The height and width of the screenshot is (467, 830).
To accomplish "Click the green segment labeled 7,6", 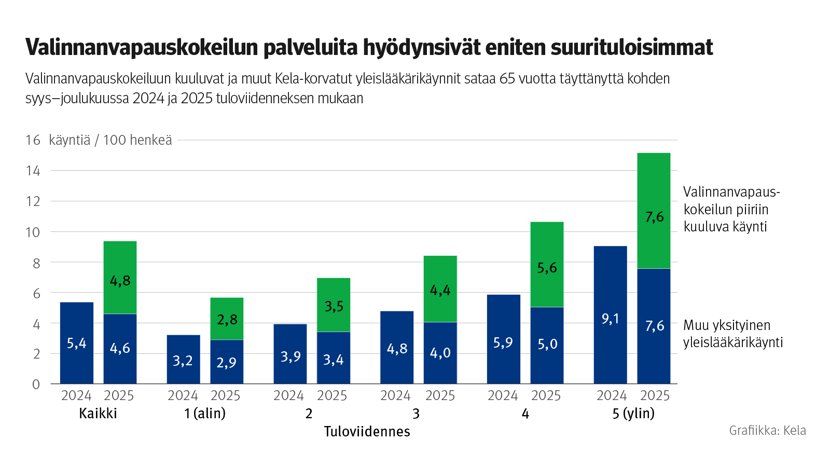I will [x=654, y=210].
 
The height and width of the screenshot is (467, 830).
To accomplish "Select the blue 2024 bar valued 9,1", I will [x=610, y=315].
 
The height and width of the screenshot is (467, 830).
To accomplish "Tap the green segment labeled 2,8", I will [x=227, y=319].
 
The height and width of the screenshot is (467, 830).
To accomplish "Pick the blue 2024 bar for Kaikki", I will [x=77, y=343].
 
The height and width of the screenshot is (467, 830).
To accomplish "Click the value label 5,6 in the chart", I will [x=547, y=268].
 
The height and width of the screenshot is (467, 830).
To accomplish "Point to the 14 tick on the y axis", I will [x=33, y=171].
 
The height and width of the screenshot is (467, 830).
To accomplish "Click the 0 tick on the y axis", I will [x=36, y=384].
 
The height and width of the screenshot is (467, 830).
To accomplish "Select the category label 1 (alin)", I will [x=205, y=414].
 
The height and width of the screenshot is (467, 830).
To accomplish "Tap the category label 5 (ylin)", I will [x=633, y=414].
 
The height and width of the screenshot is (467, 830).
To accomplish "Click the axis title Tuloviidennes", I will [x=367, y=431].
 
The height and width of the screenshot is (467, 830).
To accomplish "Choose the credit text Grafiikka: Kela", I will [x=767, y=430].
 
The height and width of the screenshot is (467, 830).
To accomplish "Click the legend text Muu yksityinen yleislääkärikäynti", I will [x=732, y=334].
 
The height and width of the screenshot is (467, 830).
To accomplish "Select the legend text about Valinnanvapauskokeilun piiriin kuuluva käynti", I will [x=731, y=209].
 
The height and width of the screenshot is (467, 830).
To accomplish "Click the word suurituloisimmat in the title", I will [x=631, y=47].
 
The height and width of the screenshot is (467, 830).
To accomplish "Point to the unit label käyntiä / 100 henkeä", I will [x=110, y=140].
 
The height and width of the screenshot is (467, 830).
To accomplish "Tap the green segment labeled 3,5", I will [x=334, y=305].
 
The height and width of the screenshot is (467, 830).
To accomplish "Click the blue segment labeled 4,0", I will [x=440, y=353].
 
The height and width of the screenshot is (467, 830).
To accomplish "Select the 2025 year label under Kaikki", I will [x=119, y=396].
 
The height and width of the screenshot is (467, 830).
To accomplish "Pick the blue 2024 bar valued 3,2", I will [x=183, y=360].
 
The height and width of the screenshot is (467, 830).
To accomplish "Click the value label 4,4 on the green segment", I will [x=440, y=290].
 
